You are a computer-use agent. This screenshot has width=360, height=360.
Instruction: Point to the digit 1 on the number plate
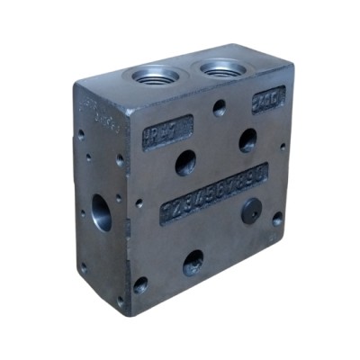pyautogui.click(x=167, y=210)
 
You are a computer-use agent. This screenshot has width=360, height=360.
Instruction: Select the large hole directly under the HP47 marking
pyautogui.click(x=185, y=163)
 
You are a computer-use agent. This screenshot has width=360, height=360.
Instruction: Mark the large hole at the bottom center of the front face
pyautogui.click(x=193, y=263)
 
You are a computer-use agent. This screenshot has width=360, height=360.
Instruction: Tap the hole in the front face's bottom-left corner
pyautogui.click(x=140, y=286)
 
